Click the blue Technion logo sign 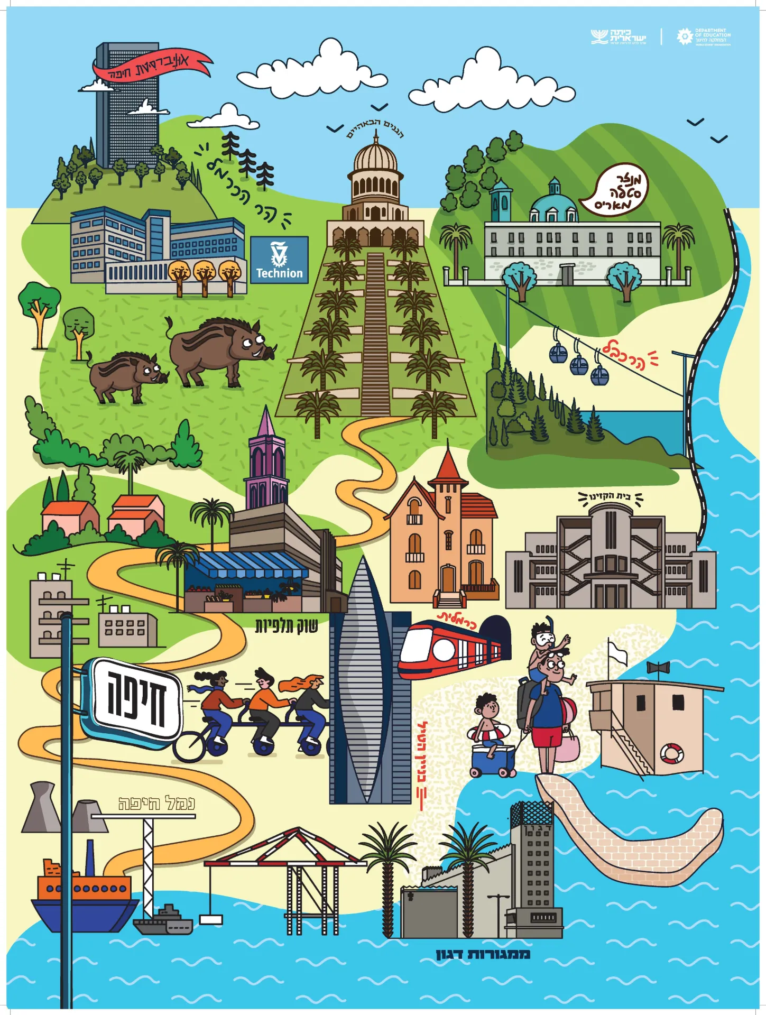(x=279, y=260)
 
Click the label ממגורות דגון (x=483, y=954)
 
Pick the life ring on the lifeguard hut (x=671, y=753)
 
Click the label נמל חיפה (x=156, y=804)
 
